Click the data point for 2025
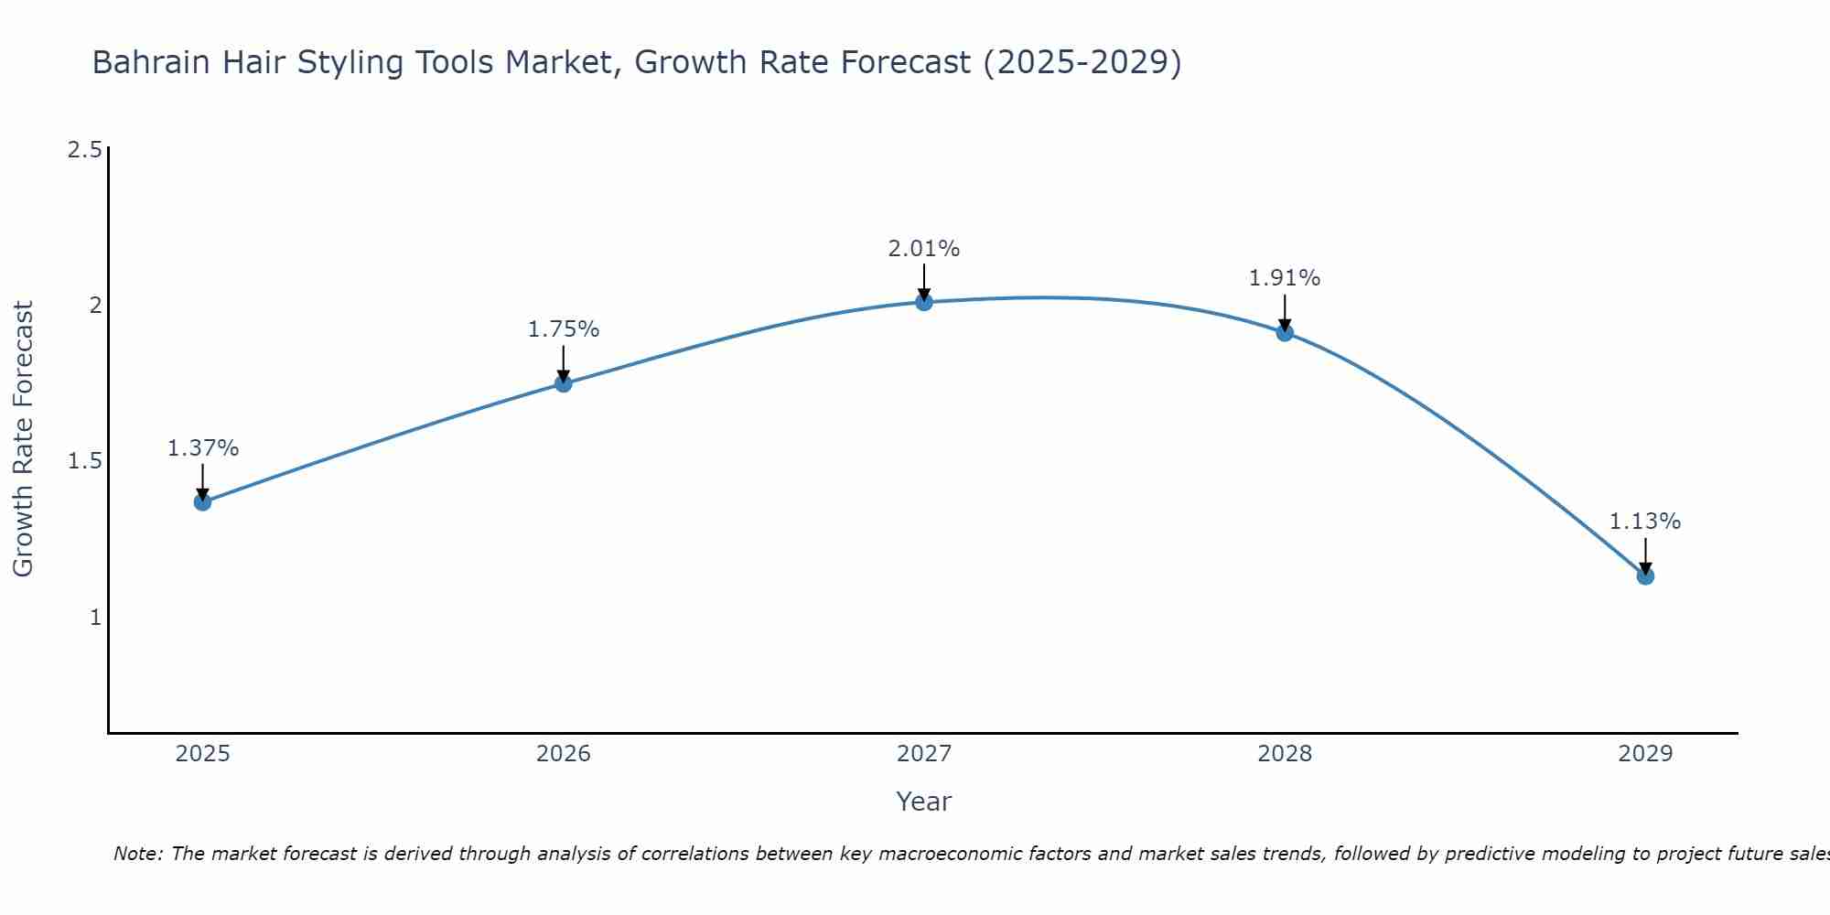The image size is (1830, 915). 203,501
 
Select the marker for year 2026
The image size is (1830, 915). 564,383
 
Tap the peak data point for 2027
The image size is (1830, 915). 924,302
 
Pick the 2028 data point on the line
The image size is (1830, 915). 1285,332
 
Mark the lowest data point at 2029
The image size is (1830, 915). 1645,576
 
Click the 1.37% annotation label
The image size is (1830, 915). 203,448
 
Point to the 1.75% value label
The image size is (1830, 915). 564,329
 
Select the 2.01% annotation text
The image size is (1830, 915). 924,249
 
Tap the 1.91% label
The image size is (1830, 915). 1285,278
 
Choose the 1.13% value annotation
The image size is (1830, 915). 1645,522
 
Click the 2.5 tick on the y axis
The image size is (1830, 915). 84,150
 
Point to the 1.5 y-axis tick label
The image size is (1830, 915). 84,461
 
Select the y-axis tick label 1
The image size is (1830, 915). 95,618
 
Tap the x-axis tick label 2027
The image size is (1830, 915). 924,754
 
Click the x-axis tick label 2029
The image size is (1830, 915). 1645,754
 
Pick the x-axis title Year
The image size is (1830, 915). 924,802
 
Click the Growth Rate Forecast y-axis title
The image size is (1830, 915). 23,439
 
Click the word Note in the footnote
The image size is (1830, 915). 137,854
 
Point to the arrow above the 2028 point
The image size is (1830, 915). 1285,311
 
